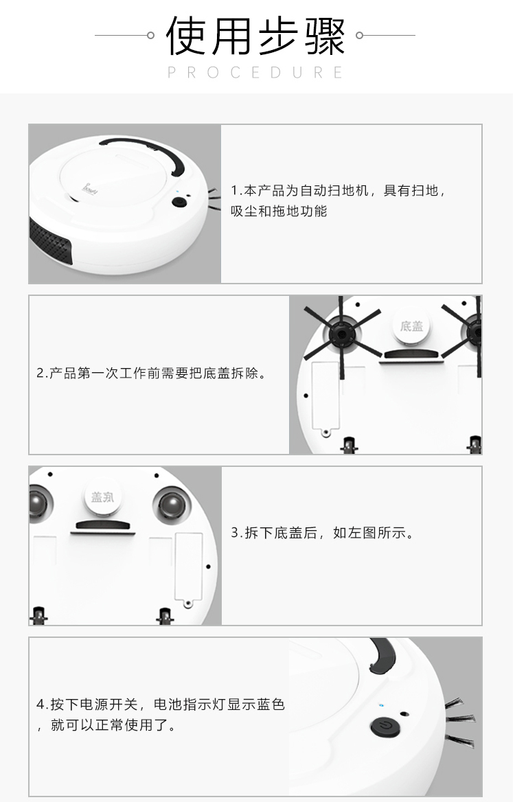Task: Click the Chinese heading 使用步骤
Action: click(x=255, y=36)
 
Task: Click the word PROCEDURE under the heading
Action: click(x=255, y=73)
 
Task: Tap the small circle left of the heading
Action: click(x=150, y=35)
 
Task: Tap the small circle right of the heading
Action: click(x=360, y=35)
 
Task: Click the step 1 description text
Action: click(x=338, y=200)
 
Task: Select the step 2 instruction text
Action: click(x=152, y=374)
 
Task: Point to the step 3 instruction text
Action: click(x=322, y=533)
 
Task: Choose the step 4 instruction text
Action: click(x=161, y=715)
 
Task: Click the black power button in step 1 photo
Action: click(x=179, y=202)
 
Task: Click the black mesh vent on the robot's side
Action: click(x=50, y=243)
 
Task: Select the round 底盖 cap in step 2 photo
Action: click(x=411, y=326)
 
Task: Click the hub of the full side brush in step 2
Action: click(x=341, y=334)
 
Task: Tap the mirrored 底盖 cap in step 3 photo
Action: click(x=103, y=496)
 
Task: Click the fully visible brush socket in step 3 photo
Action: click(x=172, y=506)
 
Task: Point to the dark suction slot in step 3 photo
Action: click(x=103, y=526)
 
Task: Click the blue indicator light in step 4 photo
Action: click(x=382, y=705)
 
